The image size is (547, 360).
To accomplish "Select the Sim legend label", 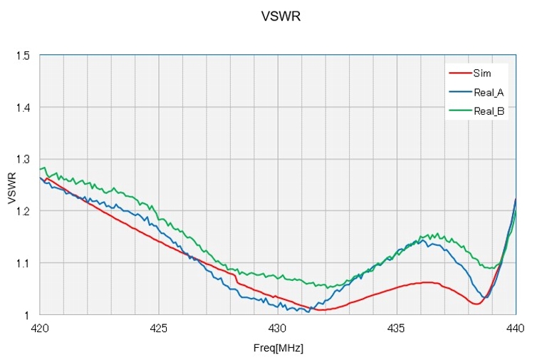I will (x=481, y=73).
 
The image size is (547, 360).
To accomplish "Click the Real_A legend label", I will (x=489, y=91).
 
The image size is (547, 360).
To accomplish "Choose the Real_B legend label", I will (x=489, y=110).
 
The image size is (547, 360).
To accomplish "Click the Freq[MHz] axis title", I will (x=278, y=349).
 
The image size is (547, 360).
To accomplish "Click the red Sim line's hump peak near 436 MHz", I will (x=427, y=282).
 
